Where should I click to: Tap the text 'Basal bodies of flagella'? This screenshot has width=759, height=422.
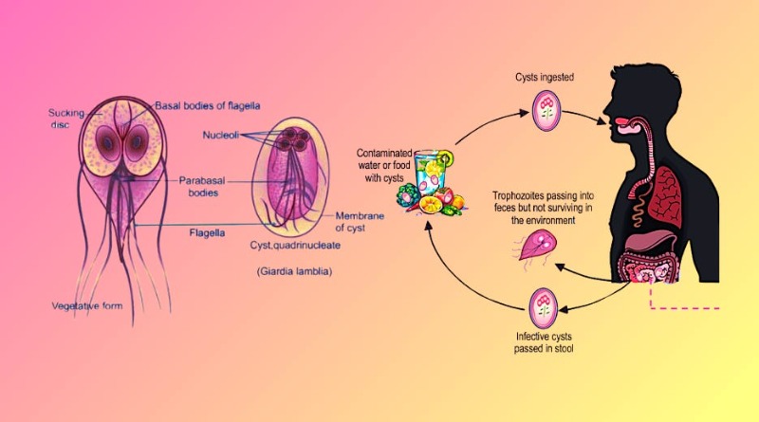point(206,105)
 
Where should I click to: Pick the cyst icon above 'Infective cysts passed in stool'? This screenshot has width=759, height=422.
point(545,304)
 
